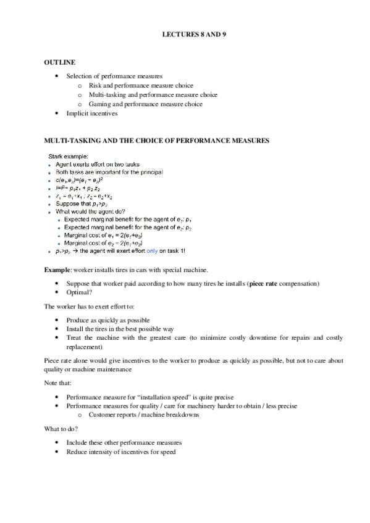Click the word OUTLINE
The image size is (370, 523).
click(x=59, y=62)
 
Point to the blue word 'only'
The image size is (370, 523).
click(x=153, y=251)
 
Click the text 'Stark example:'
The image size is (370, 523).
click(x=69, y=155)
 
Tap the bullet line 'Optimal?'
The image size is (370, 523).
click(x=79, y=292)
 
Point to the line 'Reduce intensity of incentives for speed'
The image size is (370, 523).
click(x=121, y=452)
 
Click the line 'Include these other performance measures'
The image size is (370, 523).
click(x=124, y=443)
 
